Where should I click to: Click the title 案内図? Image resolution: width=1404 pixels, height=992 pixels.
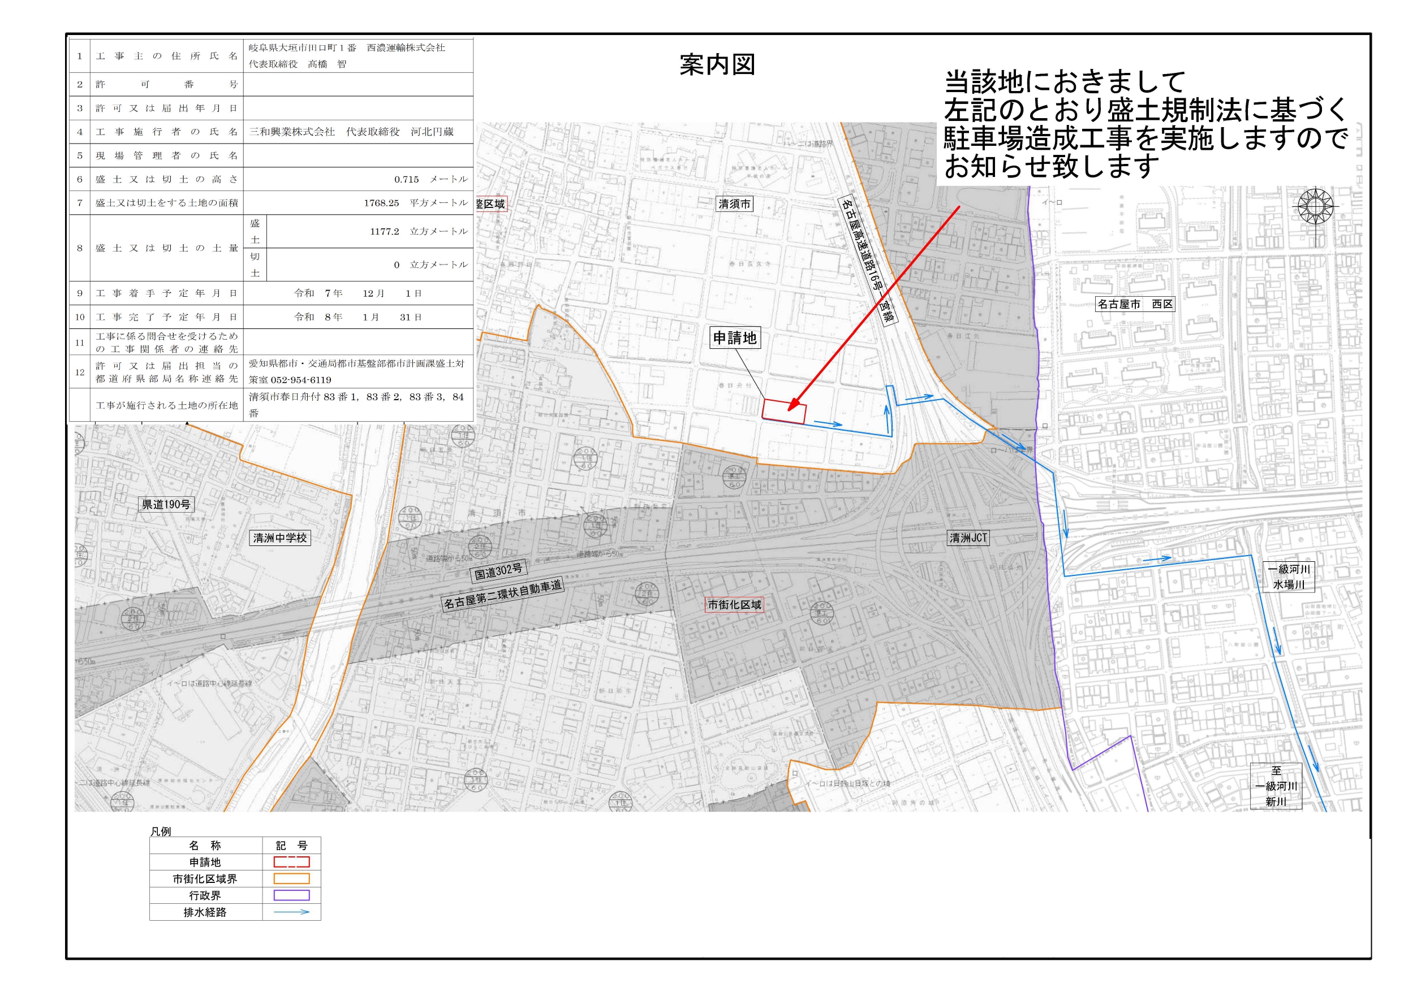click(717, 65)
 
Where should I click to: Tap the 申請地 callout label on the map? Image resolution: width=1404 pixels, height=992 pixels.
click(734, 337)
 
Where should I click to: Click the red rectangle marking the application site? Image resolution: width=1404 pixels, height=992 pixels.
click(783, 411)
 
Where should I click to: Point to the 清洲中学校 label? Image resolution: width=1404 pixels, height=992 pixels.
click(279, 538)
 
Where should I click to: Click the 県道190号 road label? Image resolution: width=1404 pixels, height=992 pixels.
click(166, 504)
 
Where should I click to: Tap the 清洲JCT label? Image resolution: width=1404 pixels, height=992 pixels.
click(968, 538)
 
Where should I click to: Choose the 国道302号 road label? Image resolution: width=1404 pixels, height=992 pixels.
click(498, 571)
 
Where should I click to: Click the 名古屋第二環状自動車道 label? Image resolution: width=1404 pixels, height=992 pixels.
click(502, 594)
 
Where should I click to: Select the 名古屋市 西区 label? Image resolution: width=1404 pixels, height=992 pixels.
click(1135, 304)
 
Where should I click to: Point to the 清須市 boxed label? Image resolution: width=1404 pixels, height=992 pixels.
click(734, 204)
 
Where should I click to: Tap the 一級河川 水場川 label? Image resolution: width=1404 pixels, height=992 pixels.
click(1289, 577)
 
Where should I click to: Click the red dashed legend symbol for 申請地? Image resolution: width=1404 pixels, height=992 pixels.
click(291, 862)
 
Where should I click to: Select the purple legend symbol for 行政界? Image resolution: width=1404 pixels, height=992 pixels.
click(291, 895)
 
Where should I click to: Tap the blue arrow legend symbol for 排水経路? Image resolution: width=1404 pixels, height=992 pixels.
click(291, 912)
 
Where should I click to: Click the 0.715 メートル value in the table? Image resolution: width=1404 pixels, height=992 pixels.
click(430, 179)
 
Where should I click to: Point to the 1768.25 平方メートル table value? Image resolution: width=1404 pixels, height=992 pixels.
click(415, 203)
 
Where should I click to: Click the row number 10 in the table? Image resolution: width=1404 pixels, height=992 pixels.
click(80, 317)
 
